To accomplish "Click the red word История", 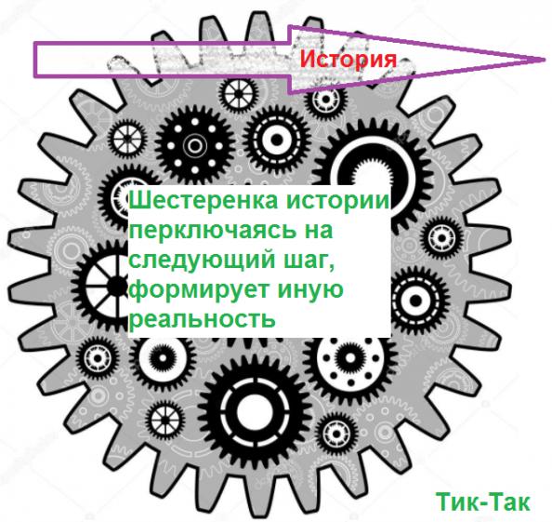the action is (x=348, y=59).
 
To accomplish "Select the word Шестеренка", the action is (x=204, y=201).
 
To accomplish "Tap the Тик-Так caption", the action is (x=482, y=502).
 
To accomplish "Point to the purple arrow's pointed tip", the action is (x=545, y=60).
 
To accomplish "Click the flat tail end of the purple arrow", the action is (x=35, y=60).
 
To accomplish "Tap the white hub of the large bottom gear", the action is (x=253, y=411).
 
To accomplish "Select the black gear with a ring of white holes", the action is (x=194, y=145).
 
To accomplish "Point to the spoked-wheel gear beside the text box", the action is (x=102, y=285).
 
